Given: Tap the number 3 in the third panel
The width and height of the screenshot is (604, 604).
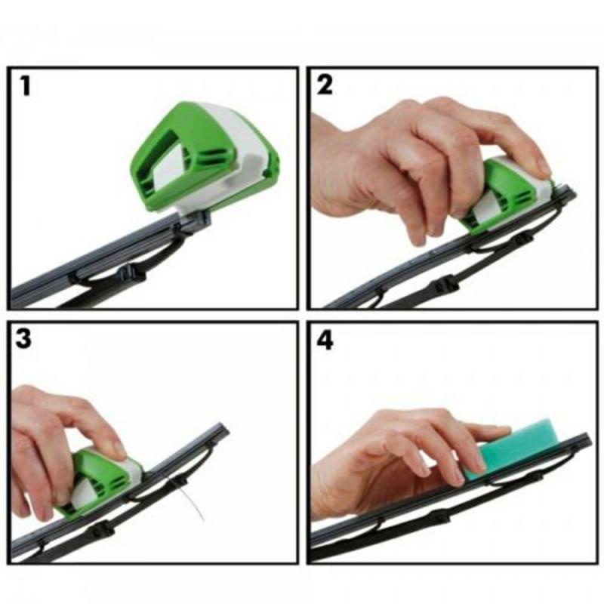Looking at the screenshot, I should [x=25, y=339].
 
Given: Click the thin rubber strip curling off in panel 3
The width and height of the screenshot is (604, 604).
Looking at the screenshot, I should [x=198, y=506].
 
